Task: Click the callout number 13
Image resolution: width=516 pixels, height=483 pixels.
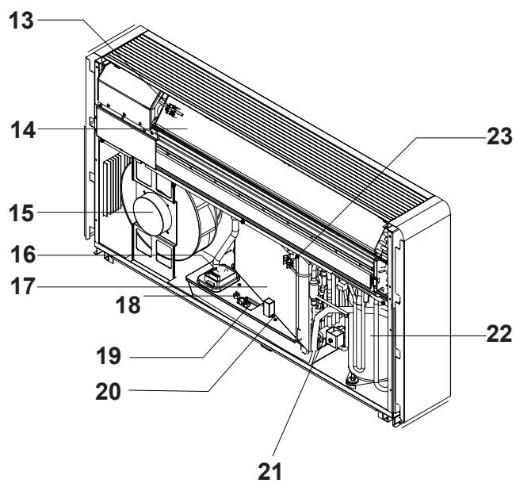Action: coord(21,21)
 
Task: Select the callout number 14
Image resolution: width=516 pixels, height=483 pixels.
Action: coord(23,130)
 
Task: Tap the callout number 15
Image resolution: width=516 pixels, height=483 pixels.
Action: coord(21,213)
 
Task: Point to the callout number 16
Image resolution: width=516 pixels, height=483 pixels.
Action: coord(23,255)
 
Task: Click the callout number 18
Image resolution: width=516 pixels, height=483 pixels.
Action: coord(128,305)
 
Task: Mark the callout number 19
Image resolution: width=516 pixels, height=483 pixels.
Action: coord(109,355)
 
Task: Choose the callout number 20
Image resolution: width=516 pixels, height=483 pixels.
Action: coord(109,392)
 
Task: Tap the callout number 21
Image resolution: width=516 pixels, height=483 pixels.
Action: coord(269,471)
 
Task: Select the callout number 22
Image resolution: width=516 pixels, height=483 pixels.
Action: coord(499,334)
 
